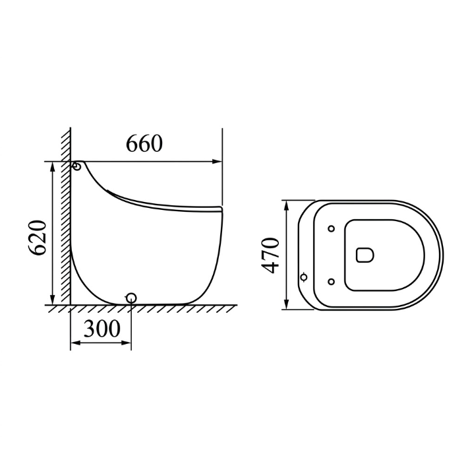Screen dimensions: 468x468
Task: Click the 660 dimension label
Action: click(x=144, y=143)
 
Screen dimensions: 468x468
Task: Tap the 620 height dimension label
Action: click(x=38, y=238)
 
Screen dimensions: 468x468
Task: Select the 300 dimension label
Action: click(x=102, y=329)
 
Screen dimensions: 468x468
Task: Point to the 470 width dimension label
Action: click(x=270, y=255)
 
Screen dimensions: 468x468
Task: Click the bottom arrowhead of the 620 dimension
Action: click(x=53, y=300)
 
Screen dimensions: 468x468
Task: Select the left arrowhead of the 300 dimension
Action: click(x=76, y=343)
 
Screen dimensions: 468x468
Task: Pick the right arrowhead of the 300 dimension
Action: click(x=126, y=343)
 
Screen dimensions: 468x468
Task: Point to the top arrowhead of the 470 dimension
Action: click(x=286, y=206)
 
